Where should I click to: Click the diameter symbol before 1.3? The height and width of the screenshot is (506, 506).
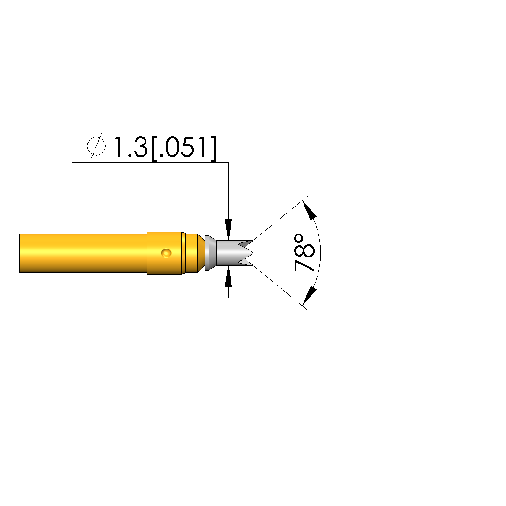[x=96, y=146]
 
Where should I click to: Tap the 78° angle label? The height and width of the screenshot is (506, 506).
[x=304, y=253]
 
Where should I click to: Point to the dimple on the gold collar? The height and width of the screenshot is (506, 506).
[x=166, y=253]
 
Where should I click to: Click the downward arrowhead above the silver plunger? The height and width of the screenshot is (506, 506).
[x=228, y=229]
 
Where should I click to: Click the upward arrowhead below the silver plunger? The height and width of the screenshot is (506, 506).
[x=228, y=277]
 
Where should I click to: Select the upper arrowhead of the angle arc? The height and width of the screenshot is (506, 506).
[x=309, y=210]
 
